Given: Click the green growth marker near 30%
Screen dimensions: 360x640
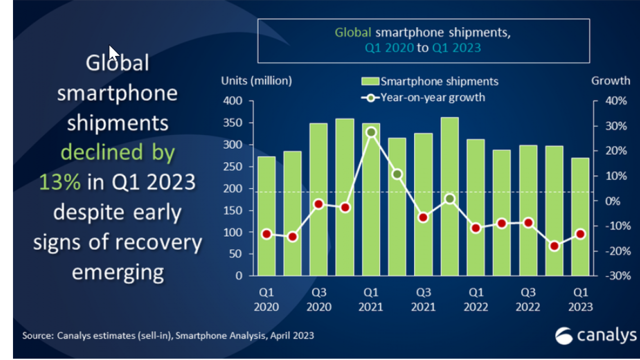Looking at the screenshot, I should click(x=371, y=132).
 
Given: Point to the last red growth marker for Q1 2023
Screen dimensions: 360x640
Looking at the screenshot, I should click(x=580, y=234).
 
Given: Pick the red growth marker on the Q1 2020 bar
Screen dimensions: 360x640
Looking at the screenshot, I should click(x=266, y=234).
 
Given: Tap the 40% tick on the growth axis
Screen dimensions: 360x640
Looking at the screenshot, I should click(x=615, y=101).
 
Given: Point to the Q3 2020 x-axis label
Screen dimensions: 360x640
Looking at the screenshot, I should click(x=319, y=299).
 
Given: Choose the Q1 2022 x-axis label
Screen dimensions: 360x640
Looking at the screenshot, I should click(x=475, y=299).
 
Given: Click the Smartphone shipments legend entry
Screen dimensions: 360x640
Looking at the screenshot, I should click(x=430, y=81).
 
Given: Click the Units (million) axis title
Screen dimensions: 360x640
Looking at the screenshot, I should click(x=256, y=80).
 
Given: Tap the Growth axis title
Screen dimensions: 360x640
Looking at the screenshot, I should click(x=610, y=80).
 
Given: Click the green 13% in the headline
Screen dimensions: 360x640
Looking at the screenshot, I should click(x=59, y=182).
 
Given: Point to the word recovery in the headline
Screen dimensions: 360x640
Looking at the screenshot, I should click(x=158, y=242).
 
